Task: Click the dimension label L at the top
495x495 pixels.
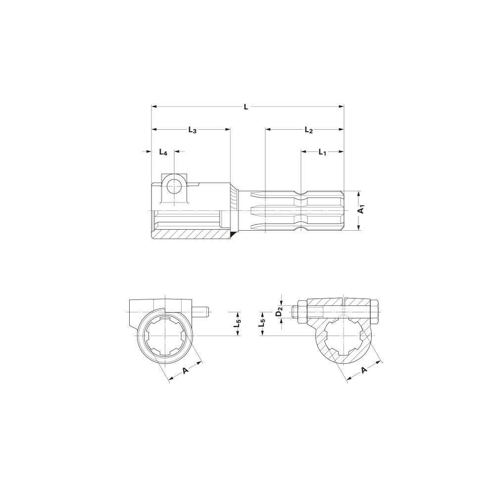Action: tap(246, 107)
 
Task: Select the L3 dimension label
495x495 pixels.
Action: tap(192, 129)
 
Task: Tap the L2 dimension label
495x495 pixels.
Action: tap(308, 129)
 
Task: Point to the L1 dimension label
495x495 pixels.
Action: tap(322, 152)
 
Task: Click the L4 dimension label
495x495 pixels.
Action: tap(163, 152)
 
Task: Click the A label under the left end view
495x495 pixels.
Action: tap(185, 370)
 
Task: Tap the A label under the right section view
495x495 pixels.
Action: tap(365, 370)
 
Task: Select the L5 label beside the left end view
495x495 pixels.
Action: tap(239, 324)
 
